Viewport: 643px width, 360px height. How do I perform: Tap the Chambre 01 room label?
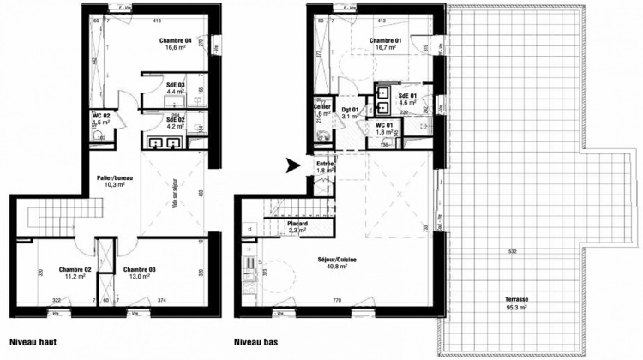tap(385, 40)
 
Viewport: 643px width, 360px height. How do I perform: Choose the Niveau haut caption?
tap(33, 340)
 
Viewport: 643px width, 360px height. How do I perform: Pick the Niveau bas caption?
tap(256, 340)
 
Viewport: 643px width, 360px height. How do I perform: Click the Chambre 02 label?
tap(75, 269)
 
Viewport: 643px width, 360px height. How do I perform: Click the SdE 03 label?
tap(176, 85)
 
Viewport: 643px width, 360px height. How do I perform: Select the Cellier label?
tap(322, 105)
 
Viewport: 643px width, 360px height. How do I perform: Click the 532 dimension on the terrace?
tap(511, 251)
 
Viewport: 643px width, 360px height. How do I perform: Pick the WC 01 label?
tap(385, 125)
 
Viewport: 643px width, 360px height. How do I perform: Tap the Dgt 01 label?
tap(350, 108)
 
